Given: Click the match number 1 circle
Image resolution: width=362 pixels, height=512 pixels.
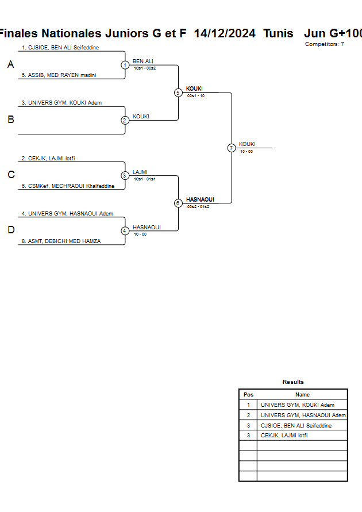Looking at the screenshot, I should click(125, 65).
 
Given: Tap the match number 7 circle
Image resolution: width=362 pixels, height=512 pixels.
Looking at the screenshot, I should click(231, 148).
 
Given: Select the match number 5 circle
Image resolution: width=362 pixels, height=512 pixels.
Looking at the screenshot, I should click(178, 93).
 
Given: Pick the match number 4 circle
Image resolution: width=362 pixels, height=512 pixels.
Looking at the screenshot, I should click(125, 231).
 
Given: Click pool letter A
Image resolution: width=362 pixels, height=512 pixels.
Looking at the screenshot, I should click(10, 65).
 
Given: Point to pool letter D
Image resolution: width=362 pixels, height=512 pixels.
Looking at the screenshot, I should click(10, 230).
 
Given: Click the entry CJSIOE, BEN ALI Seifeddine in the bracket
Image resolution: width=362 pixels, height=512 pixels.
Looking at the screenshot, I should click(60, 48).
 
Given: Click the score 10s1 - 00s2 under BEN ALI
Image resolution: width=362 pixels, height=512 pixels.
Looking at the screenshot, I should click(145, 68).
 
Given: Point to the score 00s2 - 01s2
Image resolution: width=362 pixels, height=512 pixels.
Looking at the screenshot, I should click(198, 206).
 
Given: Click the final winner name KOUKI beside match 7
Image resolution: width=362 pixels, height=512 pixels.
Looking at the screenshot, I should click(247, 144).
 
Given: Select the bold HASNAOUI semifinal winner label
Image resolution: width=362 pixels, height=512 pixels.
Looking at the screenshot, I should click(200, 199).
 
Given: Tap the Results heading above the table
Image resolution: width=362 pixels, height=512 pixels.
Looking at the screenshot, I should click(293, 382).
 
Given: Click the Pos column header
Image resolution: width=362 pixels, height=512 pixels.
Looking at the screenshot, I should click(248, 395).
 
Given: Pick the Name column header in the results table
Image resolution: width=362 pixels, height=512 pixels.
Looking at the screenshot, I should click(302, 395).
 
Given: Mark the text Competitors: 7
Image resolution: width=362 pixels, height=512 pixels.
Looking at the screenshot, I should click(325, 44).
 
